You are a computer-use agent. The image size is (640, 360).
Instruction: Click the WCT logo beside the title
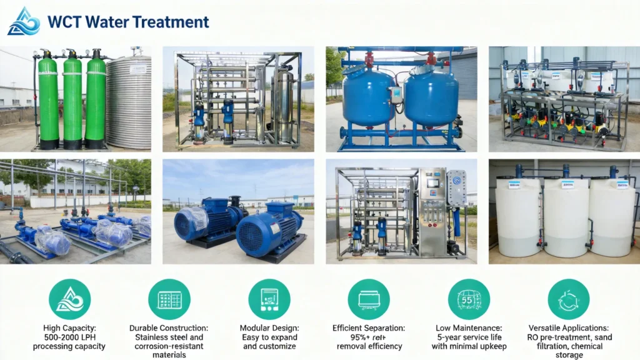tap(24, 21)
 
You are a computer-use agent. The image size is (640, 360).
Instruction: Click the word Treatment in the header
tap(170, 22)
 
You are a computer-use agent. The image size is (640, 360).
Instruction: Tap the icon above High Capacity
tap(70, 299)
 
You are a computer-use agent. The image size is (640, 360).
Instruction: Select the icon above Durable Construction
tap(169, 299)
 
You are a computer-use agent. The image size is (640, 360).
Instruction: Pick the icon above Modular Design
tap(269, 299)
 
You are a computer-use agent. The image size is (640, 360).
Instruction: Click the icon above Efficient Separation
tap(369, 299)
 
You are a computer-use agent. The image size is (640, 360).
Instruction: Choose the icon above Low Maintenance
tap(469, 299)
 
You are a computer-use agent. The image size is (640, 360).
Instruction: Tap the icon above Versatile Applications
tap(568, 299)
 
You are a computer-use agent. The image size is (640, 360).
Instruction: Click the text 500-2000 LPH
tap(70, 337)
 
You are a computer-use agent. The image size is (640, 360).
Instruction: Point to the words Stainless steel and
tap(169, 337)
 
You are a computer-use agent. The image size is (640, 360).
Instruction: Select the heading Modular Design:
tap(269, 328)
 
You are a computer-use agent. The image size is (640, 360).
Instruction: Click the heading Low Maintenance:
tap(469, 328)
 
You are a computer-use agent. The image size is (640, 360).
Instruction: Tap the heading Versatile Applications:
tap(568, 328)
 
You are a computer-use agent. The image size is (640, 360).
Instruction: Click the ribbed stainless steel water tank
tap(129, 102)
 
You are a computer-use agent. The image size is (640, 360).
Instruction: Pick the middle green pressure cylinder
tap(72, 100)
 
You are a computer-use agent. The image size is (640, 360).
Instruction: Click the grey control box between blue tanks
tap(396, 94)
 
